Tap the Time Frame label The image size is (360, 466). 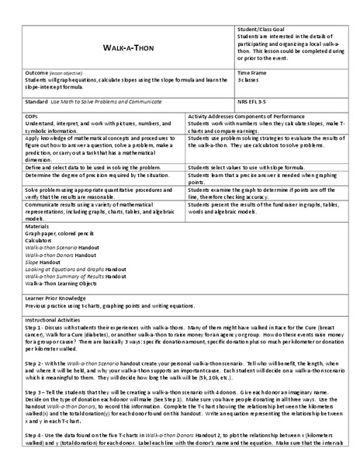coord(252,72)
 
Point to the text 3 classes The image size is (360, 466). coord(249,80)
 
